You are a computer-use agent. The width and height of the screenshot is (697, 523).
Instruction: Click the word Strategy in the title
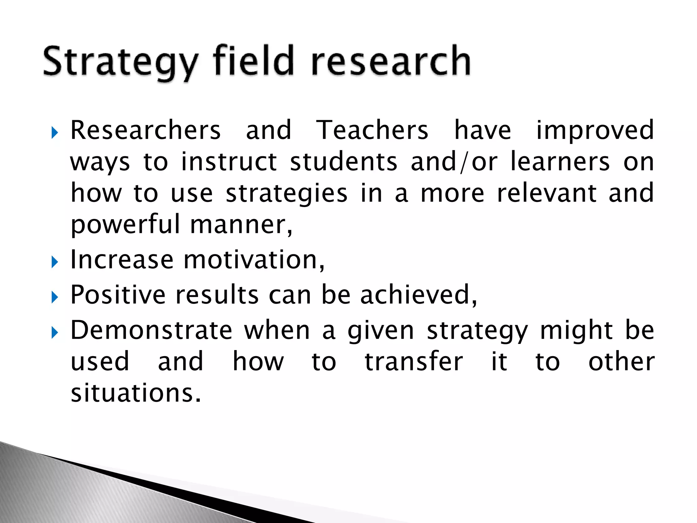120,62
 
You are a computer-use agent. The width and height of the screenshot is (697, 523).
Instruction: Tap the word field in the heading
253,60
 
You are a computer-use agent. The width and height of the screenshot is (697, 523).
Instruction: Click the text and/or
454,162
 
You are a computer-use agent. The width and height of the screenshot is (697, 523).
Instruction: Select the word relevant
547,193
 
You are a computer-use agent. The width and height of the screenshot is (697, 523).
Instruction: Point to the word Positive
118,295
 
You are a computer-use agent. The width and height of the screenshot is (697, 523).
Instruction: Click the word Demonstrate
151,330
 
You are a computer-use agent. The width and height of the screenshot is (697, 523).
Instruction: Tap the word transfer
414,362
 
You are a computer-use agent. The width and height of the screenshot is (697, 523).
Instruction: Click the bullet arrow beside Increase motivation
54,262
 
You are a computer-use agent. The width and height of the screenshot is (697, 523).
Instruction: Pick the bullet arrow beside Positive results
54,297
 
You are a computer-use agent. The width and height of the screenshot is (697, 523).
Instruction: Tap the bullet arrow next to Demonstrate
54,333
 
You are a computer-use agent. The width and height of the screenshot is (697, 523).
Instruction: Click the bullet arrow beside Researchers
54,133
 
